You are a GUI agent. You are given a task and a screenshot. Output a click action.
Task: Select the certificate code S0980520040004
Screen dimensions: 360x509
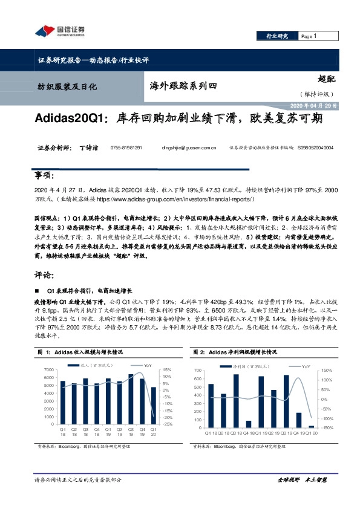[315, 148]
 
